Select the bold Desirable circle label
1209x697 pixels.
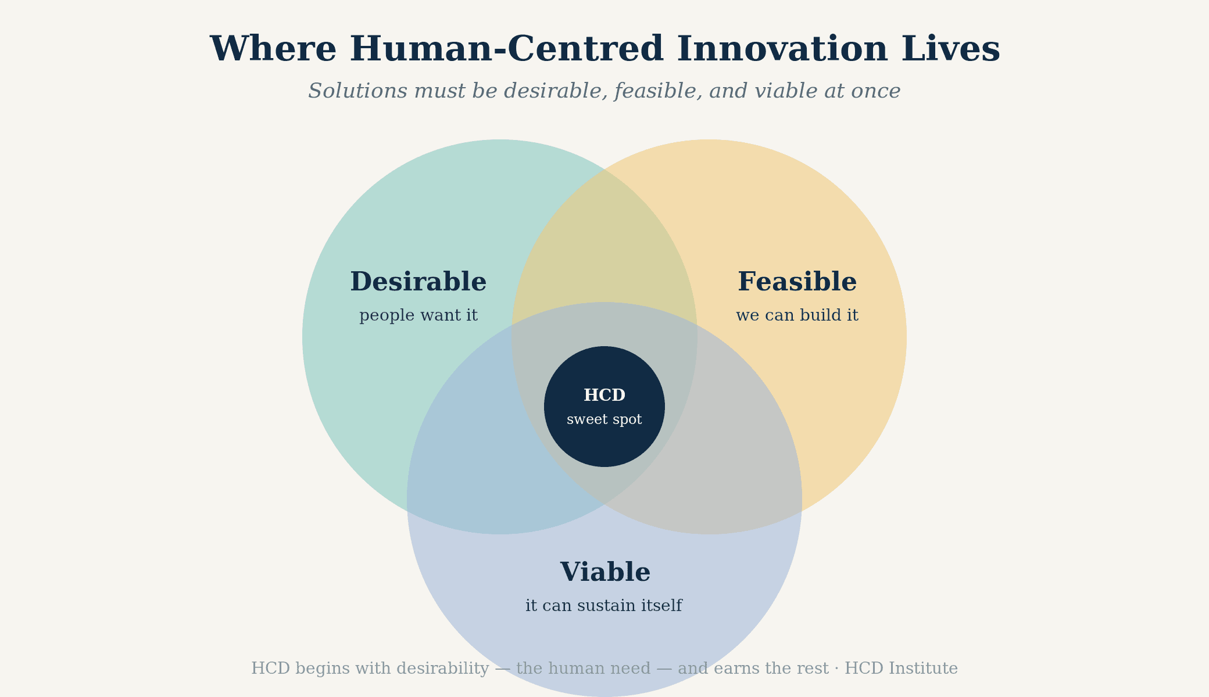click(x=419, y=282)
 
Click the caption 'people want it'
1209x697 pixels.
click(x=419, y=315)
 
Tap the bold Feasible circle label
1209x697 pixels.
click(x=797, y=282)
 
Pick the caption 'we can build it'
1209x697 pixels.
click(x=797, y=315)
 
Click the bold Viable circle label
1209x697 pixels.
click(x=605, y=572)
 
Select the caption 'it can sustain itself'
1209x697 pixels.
click(x=604, y=606)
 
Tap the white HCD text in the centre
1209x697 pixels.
click(x=604, y=395)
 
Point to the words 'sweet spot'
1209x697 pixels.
click(x=604, y=419)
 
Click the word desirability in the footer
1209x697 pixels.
click(x=442, y=669)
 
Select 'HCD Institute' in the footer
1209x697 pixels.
click(x=901, y=669)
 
